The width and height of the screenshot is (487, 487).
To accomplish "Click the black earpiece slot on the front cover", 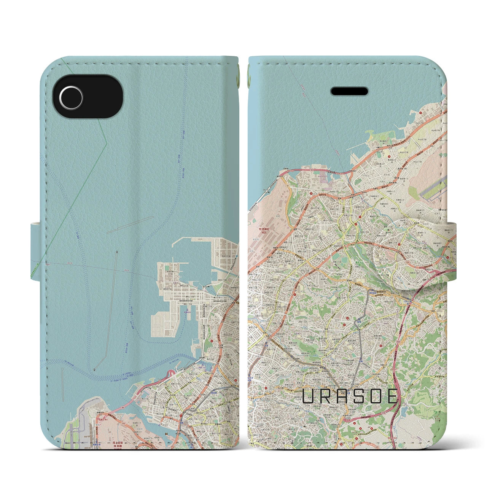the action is click(349, 80).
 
